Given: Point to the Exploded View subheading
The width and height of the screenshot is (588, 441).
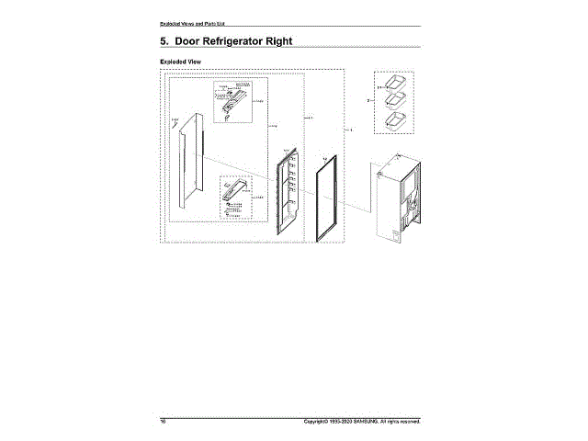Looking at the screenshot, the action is click(x=181, y=62).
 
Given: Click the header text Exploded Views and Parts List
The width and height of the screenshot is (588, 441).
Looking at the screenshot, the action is click(x=193, y=21).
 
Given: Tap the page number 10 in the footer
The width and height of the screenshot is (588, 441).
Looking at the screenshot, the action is click(x=164, y=422).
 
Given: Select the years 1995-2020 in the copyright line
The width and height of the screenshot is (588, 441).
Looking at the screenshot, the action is click(x=336, y=422).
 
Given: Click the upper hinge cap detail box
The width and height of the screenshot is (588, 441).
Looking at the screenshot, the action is click(x=233, y=101).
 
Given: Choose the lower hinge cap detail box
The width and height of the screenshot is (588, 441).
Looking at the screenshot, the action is click(x=237, y=195).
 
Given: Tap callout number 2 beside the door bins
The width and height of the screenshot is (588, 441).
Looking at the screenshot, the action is click(x=367, y=98).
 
